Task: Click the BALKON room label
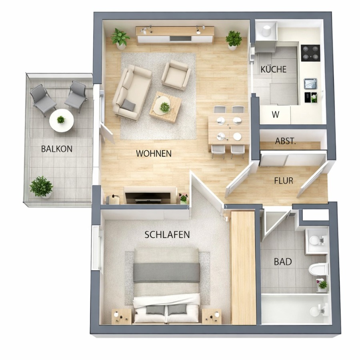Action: click(57, 149)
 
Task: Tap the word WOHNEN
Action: click(154, 153)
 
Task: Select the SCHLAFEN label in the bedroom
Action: click(167, 235)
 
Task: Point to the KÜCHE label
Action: click(274, 69)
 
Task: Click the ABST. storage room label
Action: click(285, 141)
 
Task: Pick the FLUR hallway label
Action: click(284, 181)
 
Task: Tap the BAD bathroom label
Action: click(283, 262)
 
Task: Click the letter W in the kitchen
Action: click(275, 114)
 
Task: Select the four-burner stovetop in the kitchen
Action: click(310, 53)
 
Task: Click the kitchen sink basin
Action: click(310, 83)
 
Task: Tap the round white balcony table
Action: click(62, 120)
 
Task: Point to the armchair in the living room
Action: click(176, 75)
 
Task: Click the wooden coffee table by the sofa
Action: click(166, 107)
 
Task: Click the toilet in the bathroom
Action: click(318, 269)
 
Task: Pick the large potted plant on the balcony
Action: click(41, 187)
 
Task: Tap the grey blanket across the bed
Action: click(167, 273)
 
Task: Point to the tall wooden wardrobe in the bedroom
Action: click(243, 268)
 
